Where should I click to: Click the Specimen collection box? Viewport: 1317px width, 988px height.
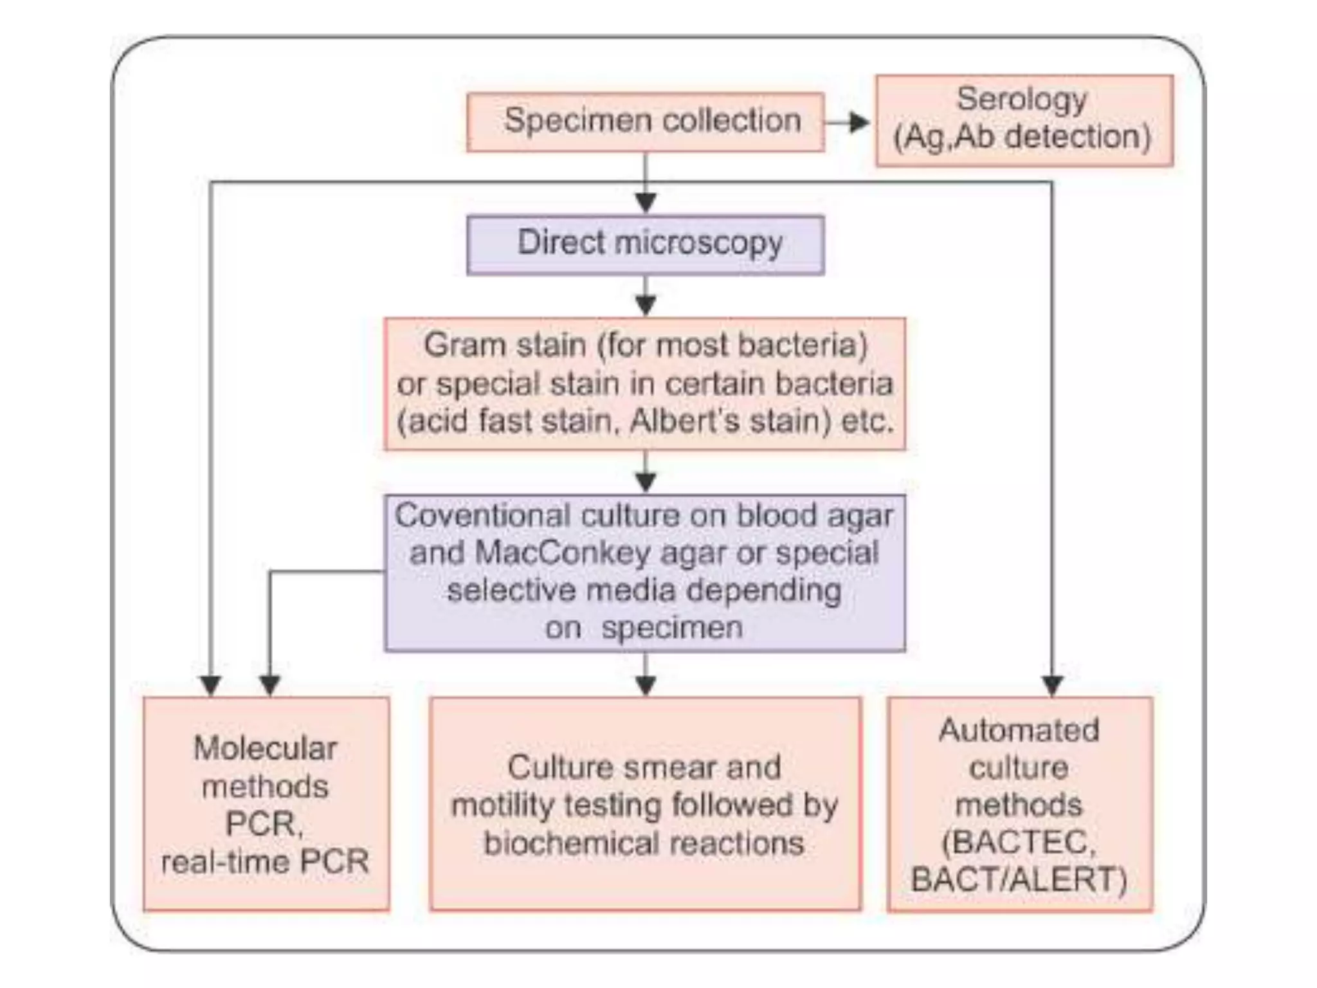(645, 122)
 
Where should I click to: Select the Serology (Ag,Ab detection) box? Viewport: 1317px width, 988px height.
(1024, 121)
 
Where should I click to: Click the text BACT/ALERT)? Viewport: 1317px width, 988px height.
(1019, 880)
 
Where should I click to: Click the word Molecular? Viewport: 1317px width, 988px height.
(265, 749)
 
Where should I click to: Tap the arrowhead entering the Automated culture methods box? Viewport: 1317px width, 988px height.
(1052, 686)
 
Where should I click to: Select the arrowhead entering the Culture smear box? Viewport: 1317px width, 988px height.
(646, 686)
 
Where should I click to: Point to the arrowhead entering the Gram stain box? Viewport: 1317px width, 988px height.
(646, 305)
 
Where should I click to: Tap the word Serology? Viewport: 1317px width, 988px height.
(1022, 100)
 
